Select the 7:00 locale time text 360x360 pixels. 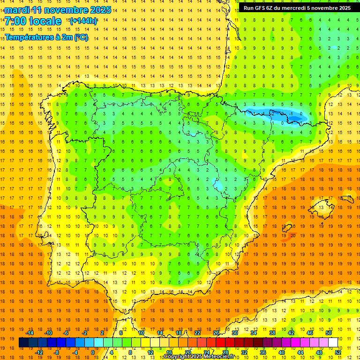coord(33,21)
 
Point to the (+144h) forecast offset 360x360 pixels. coord(83,21)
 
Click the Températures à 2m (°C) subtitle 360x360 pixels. coord(46,37)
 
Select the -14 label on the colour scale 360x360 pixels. coord(30,332)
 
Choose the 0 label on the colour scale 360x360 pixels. coord(92,352)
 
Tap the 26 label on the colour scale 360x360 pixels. coord(216,332)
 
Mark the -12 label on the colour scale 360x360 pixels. coord(39,352)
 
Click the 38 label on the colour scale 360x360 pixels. coord(272,332)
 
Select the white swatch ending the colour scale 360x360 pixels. coord(333,342)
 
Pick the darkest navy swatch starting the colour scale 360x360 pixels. coord(23,342)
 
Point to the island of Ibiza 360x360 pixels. coord(287,229)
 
